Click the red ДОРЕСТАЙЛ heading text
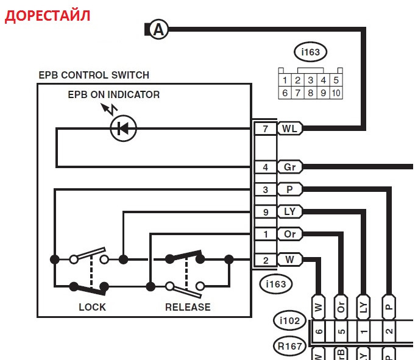point(48,16)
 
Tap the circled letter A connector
point(159,29)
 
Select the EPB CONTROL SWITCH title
point(93,76)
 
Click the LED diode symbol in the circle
point(123,129)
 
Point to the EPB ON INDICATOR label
point(114,94)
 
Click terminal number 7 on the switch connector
point(265,129)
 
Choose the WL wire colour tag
point(289,129)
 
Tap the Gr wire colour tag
point(289,167)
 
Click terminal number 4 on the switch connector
point(265,167)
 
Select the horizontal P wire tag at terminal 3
point(289,189)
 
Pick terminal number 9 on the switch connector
point(265,212)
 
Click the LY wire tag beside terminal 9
point(289,212)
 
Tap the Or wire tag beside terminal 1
point(289,235)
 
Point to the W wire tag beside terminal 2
point(289,260)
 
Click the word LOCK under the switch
point(92,307)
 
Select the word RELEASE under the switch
point(188,307)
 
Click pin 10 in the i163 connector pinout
point(336,93)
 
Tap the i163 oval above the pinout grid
point(310,52)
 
